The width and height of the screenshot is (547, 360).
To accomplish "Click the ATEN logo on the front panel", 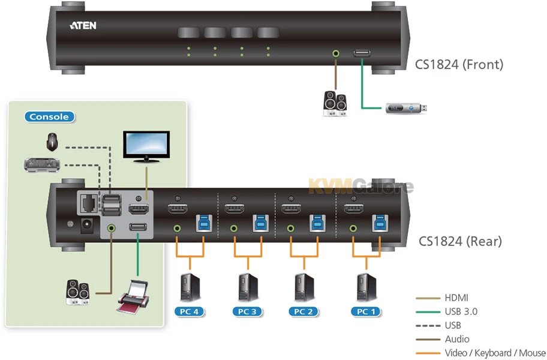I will click(x=83, y=26).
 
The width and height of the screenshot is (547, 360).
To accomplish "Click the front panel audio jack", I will click(x=336, y=53).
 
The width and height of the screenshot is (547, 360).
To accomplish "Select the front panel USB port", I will click(x=362, y=54).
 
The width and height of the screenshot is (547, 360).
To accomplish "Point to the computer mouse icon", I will click(x=52, y=142).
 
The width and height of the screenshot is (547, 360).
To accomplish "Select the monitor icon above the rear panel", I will click(x=146, y=146).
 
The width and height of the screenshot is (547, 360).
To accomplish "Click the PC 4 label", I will click(x=190, y=311).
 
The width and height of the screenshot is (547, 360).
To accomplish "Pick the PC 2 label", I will click(x=304, y=311).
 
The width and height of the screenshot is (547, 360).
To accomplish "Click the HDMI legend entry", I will click(x=456, y=298).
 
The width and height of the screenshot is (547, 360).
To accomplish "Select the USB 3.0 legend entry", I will click(x=461, y=311).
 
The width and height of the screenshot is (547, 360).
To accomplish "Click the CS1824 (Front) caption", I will click(x=459, y=64).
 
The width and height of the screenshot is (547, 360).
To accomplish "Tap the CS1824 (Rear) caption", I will click(x=460, y=241).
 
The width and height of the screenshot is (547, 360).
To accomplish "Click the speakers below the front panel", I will click(x=334, y=103).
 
